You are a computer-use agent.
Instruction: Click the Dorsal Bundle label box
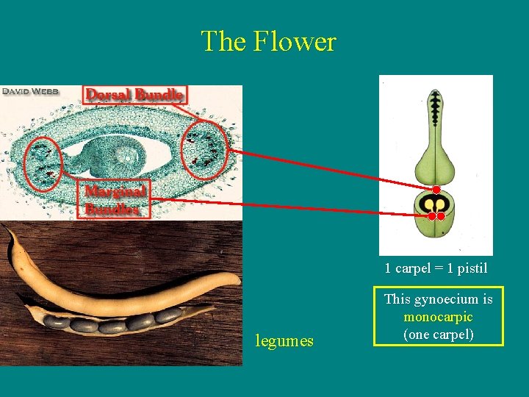(135, 95)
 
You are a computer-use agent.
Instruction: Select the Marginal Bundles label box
(115, 200)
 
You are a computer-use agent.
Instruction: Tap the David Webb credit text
(30, 92)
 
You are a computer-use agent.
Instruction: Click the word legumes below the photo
(284, 341)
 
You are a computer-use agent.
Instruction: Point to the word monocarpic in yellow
(438, 317)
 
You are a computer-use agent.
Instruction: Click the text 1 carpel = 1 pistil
(436, 268)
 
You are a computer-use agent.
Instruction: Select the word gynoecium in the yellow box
(450, 299)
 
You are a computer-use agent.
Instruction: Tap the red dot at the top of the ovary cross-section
(436, 190)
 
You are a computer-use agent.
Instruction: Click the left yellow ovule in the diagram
(427, 204)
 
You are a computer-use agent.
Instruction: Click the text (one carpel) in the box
(438, 335)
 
